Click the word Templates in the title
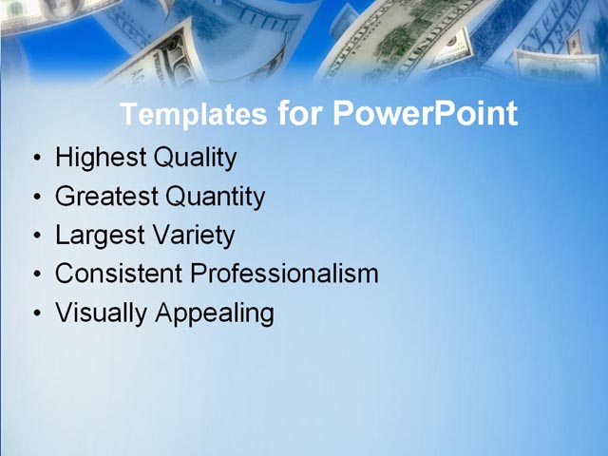coord(194,115)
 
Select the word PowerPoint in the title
coord(426,115)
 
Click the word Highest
coord(105,159)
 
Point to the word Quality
coord(200,159)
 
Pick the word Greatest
coord(106,198)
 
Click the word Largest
coord(98,236)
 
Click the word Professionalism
coord(284,274)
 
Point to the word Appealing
coord(214,313)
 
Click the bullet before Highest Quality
coord(36,159)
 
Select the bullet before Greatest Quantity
coord(36,198)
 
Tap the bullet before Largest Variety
coord(36,236)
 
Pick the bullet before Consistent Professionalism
coord(36,275)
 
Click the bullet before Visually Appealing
coord(36,313)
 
